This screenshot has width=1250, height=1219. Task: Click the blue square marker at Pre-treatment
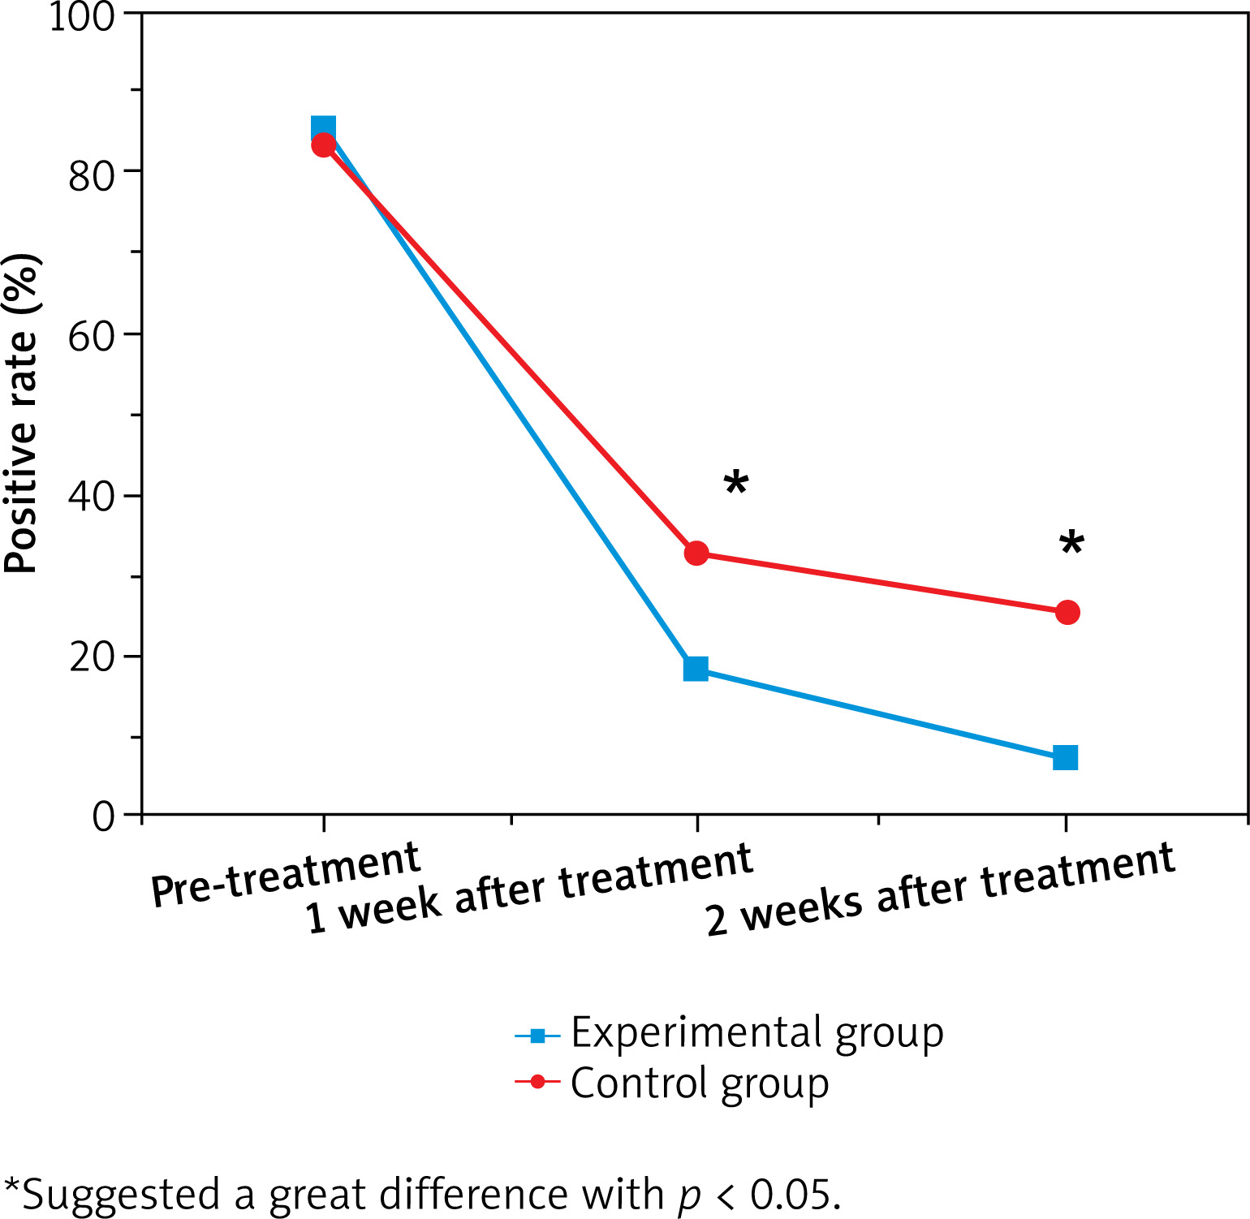pos(323,127)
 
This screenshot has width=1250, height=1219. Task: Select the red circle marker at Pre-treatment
pos(324,145)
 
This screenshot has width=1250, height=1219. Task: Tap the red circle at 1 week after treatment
pos(696,554)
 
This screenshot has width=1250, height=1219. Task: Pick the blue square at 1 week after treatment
pos(696,669)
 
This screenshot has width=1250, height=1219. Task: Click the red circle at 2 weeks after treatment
pos(1067,613)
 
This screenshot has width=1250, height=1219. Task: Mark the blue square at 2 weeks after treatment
pos(1065,758)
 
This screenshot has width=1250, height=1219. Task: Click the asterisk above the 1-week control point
pos(735,484)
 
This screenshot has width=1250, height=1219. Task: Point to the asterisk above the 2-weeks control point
pos(1071,544)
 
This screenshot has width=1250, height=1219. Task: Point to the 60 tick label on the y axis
pos(91,336)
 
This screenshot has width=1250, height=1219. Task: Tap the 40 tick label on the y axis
pos(91,497)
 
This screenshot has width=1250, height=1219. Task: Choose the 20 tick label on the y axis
pos(91,657)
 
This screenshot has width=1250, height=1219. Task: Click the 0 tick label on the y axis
pos(103,816)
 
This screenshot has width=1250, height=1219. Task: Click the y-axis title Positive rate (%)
pos(22,414)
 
